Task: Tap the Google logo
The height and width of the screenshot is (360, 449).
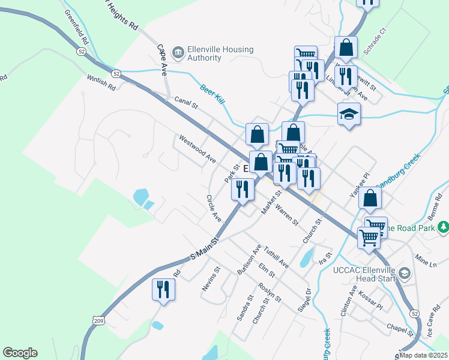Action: coord(20,353)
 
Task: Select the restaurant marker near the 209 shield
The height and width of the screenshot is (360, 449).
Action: coord(163,290)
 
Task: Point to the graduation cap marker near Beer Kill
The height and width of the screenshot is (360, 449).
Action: coord(348,114)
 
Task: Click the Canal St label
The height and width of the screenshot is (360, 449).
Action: coord(186,104)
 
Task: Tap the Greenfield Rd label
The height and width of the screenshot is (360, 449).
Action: coord(76,28)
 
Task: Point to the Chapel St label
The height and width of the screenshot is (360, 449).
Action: coord(400,329)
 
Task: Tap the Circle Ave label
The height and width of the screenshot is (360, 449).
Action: coord(214,208)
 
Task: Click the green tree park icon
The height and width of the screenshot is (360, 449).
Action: coord(443,227)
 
